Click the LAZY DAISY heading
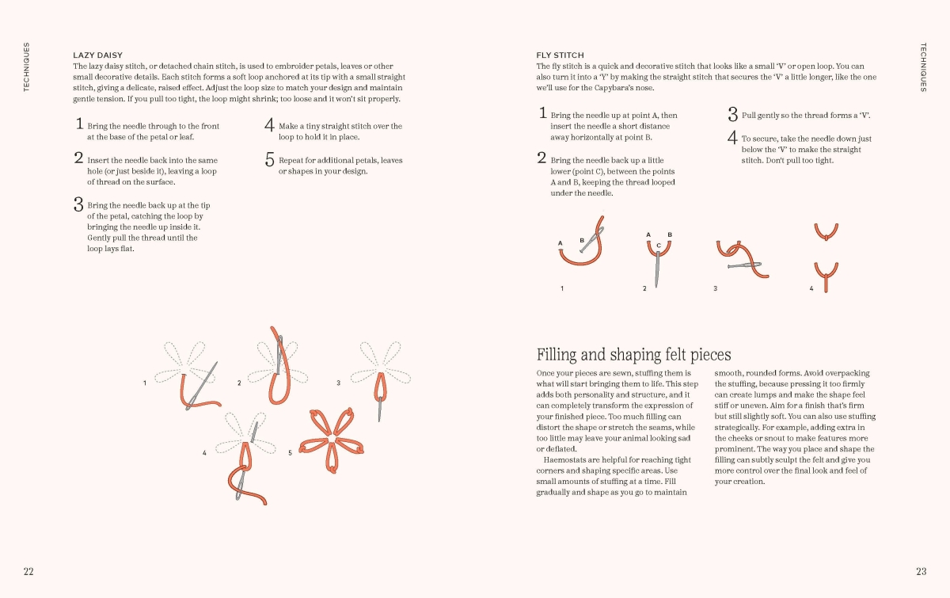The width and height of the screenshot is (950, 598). pyautogui.click(x=97, y=55)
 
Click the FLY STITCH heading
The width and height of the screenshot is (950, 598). pyautogui.click(x=560, y=55)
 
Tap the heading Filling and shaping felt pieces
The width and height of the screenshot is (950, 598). pyautogui.click(x=633, y=354)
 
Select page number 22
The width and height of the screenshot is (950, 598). pyautogui.click(x=28, y=571)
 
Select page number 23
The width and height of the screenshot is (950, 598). pyautogui.click(x=921, y=571)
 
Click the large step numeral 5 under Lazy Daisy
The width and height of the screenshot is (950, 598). pyautogui.click(x=269, y=160)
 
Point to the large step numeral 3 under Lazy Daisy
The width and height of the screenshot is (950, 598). pyautogui.click(x=78, y=204)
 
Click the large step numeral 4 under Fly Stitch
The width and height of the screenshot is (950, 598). pyautogui.click(x=732, y=138)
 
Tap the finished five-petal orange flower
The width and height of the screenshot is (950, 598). pyautogui.click(x=331, y=440)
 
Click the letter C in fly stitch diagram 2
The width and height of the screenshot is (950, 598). pyautogui.click(x=659, y=246)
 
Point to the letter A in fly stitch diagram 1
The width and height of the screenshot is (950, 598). pyautogui.click(x=560, y=243)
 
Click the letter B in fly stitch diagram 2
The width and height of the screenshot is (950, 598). pyautogui.click(x=670, y=234)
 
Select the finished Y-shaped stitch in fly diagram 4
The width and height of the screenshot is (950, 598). pyautogui.click(x=826, y=276)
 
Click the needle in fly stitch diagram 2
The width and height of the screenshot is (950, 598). pyautogui.click(x=657, y=269)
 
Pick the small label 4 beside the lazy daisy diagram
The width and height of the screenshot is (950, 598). pyautogui.click(x=204, y=453)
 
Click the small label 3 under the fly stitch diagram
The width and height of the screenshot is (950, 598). pyautogui.click(x=716, y=288)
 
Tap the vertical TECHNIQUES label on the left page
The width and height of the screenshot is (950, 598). pyautogui.click(x=26, y=67)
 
